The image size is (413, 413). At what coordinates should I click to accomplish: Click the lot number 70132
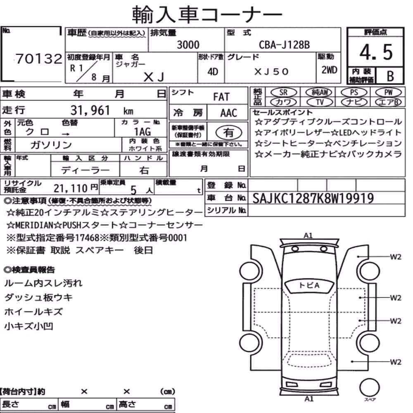[x=39, y=59]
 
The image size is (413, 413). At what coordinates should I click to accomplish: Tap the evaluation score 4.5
[x=376, y=52]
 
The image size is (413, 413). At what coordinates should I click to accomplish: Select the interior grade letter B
[x=390, y=76]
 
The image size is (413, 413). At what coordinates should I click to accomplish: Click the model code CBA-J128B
[x=284, y=45]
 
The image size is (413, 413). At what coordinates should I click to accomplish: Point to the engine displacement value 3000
[x=188, y=45]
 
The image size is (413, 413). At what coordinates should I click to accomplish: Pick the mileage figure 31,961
[x=90, y=110]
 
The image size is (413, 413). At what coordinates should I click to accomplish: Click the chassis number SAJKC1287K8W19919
[x=313, y=198]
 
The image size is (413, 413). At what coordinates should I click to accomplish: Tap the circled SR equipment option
[x=284, y=93]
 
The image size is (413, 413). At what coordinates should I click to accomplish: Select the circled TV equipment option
[x=320, y=102]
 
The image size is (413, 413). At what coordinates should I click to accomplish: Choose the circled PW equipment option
[x=388, y=93]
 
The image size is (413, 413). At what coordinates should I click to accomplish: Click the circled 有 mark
[x=229, y=133]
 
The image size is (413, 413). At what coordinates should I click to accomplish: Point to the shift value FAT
[x=221, y=97]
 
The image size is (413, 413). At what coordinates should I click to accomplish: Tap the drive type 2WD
[x=329, y=70]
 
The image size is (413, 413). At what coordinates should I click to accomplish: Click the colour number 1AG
[x=142, y=131]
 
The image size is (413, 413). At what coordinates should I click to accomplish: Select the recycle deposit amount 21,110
[x=70, y=188]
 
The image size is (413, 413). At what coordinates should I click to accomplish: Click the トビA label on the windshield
[x=309, y=285]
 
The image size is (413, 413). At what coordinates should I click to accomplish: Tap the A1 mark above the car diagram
[x=308, y=235]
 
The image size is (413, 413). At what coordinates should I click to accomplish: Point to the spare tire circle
[x=369, y=387]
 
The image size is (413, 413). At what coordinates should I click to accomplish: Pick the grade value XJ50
[x=271, y=71]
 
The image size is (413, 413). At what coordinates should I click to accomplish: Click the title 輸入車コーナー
[x=207, y=14]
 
